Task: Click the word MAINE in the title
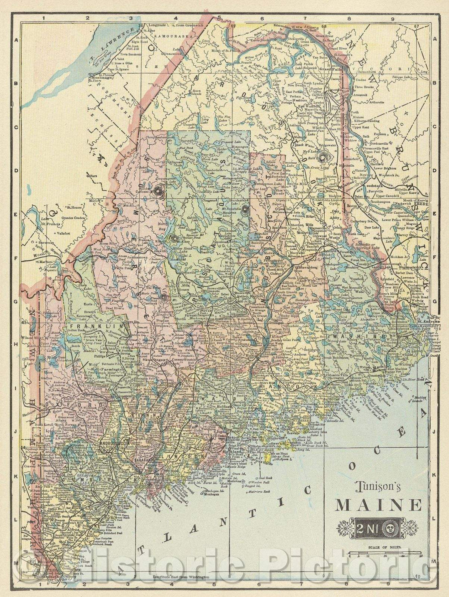click(379, 505)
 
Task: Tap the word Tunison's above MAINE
click(377, 486)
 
